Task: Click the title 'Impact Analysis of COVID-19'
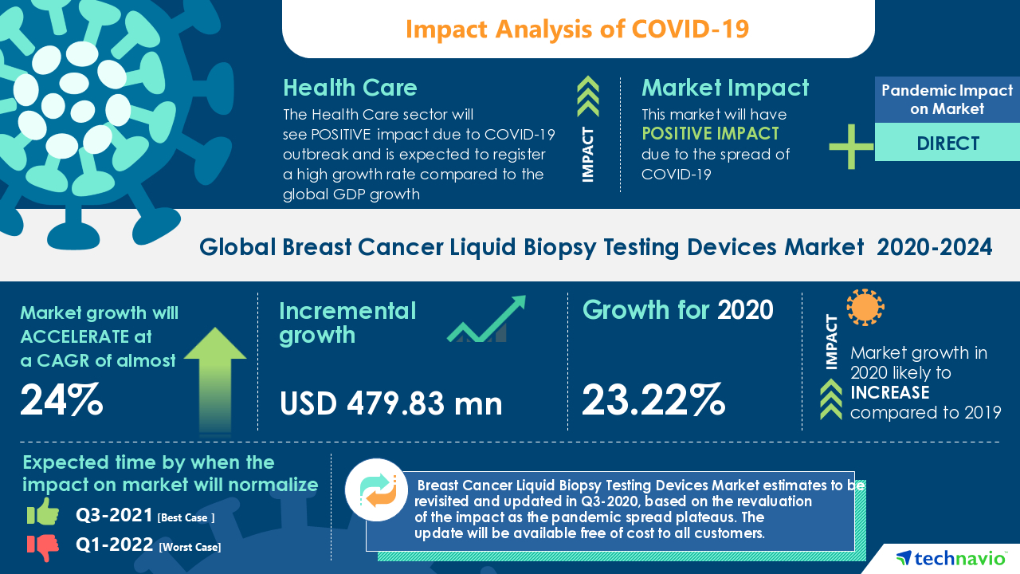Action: point(578,29)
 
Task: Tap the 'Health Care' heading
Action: point(350,88)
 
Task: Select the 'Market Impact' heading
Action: point(725,88)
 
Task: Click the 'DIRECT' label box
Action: point(947,143)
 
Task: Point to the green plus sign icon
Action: point(851,147)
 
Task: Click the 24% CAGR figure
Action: point(61,400)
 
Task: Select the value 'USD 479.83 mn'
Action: point(390,403)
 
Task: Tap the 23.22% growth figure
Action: point(653,400)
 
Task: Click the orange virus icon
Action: point(865,308)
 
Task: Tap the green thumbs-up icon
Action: point(43,513)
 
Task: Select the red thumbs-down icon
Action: point(43,547)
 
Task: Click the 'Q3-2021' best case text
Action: point(115,516)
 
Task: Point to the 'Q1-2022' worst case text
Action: point(115,546)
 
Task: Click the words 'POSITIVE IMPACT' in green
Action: point(710,134)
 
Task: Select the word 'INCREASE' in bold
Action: point(889,392)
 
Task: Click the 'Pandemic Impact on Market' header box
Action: point(947,100)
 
